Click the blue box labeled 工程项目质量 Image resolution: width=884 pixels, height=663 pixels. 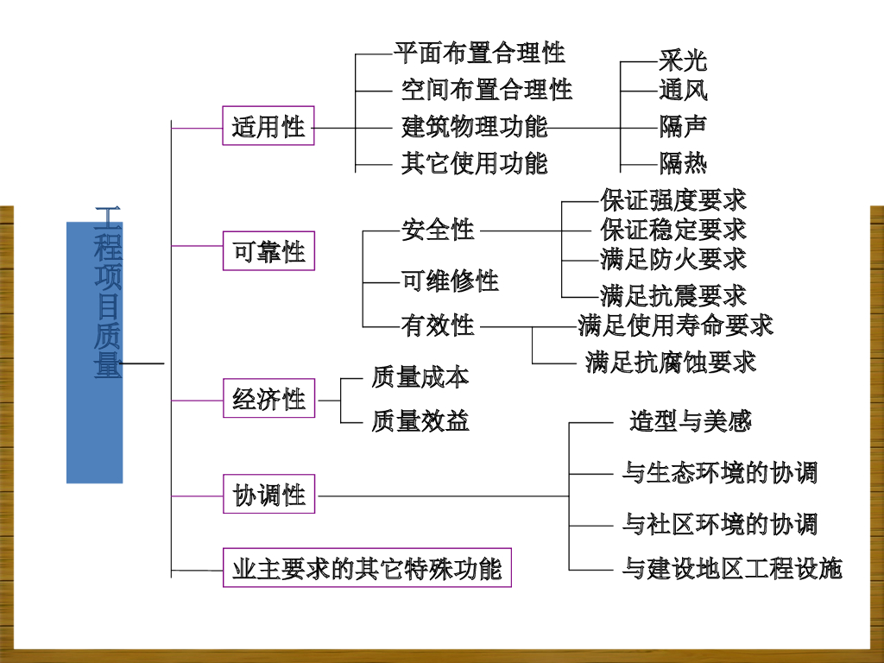pyautogui.click(x=95, y=352)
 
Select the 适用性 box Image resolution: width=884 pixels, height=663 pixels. pyautogui.click(x=268, y=126)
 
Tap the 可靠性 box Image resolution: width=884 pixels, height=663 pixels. pyautogui.click(x=268, y=251)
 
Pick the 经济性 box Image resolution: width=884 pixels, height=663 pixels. pyautogui.click(x=268, y=399)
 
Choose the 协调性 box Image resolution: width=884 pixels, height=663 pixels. pyautogui.click(x=268, y=496)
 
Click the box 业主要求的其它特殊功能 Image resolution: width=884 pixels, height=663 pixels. pyautogui.click(x=367, y=570)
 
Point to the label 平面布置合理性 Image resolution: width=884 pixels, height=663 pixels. pyautogui.click(x=479, y=53)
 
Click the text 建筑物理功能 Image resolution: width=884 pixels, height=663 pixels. pyautogui.click(x=474, y=126)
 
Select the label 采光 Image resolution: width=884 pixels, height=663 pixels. pyautogui.click(x=682, y=60)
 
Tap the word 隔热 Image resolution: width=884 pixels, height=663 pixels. pyautogui.click(x=682, y=161)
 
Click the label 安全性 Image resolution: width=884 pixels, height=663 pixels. pyautogui.click(x=438, y=230)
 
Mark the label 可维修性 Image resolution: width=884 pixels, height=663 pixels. pyautogui.click(x=450, y=281)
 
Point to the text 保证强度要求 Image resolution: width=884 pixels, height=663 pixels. pyautogui.click(x=673, y=200)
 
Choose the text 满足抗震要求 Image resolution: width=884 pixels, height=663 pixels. pyautogui.click(x=673, y=295)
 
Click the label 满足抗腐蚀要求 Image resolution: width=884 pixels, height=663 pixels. pyautogui.click(x=670, y=362)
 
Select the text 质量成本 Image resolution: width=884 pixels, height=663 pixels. pyautogui.click(x=420, y=377)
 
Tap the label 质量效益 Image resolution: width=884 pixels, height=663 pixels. pyautogui.click(x=420, y=420)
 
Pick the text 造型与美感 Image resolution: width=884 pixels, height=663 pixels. pyautogui.click(x=691, y=421)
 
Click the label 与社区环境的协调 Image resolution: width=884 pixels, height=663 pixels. pyautogui.click(x=719, y=524)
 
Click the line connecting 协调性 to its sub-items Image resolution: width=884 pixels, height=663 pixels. pyautogui.click(x=440, y=496)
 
